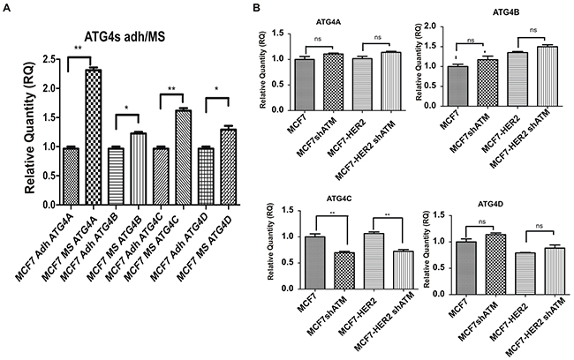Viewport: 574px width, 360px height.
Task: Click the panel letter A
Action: click(7, 8)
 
